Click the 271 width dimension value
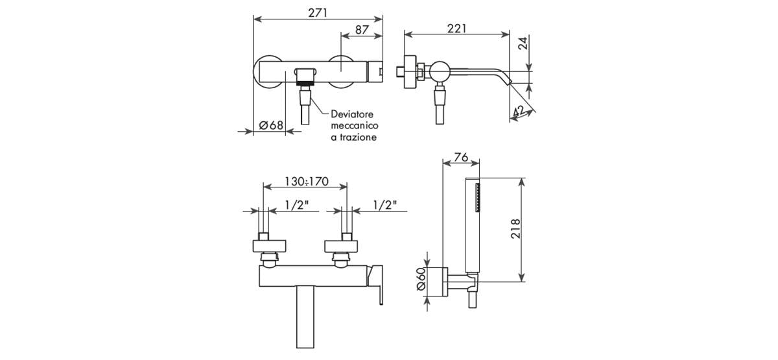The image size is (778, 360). pyautogui.click(x=318, y=13)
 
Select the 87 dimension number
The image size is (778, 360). pyautogui.click(x=362, y=30)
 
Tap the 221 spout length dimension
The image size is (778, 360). pyautogui.click(x=456, y=29)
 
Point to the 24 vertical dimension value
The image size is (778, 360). pyautogui.click(x=523, y=43)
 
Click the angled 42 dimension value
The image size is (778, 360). pyautogui.click(x=518, y=111)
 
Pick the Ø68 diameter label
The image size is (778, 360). pyautogui.click(x=271, y=125)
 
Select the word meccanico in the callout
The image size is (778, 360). pyautogui.click(x=355, y=125)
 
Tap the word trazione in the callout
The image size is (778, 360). pyautogui.click(x=358, y=138)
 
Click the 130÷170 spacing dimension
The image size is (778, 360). pyautogui.click(x=306, y=182)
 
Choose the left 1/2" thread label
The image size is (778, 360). pyautogui.click(x=297, y=205)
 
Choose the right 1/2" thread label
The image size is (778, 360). pyautogui.click(x=385, y=205)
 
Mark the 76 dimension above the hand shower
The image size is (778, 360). pyautogui.click(x=461, y=158)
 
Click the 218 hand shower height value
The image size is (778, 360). pyautogui.click(x=516, y=228)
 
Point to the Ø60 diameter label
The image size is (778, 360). pyautogui.click(x=421, y=279)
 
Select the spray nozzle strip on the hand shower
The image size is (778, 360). pyautogui.click(x=478, y=197)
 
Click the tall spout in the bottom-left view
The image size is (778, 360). pyautogui.click(x=305, y=317)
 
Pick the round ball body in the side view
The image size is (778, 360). pyautogui.click(x=440, y=72)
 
